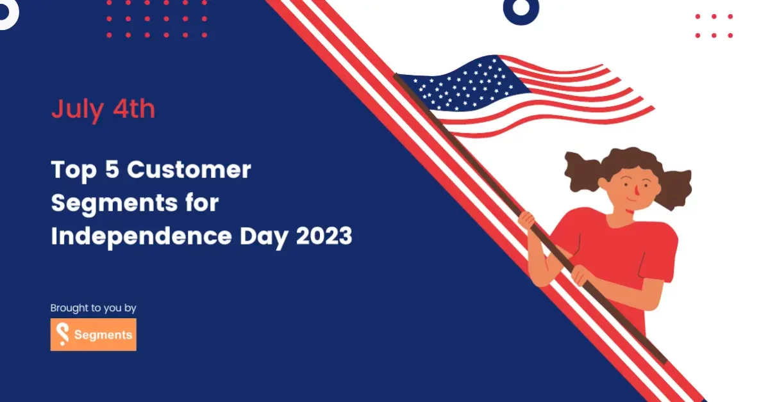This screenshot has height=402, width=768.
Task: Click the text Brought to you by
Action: [x=94, y=309]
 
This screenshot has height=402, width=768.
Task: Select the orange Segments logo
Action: [x=94, y=334]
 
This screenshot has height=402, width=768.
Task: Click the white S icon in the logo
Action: [x=62, y=334]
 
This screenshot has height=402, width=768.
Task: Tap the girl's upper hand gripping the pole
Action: [x=527, y=221]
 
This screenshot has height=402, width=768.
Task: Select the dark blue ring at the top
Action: [x=521, y=8]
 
